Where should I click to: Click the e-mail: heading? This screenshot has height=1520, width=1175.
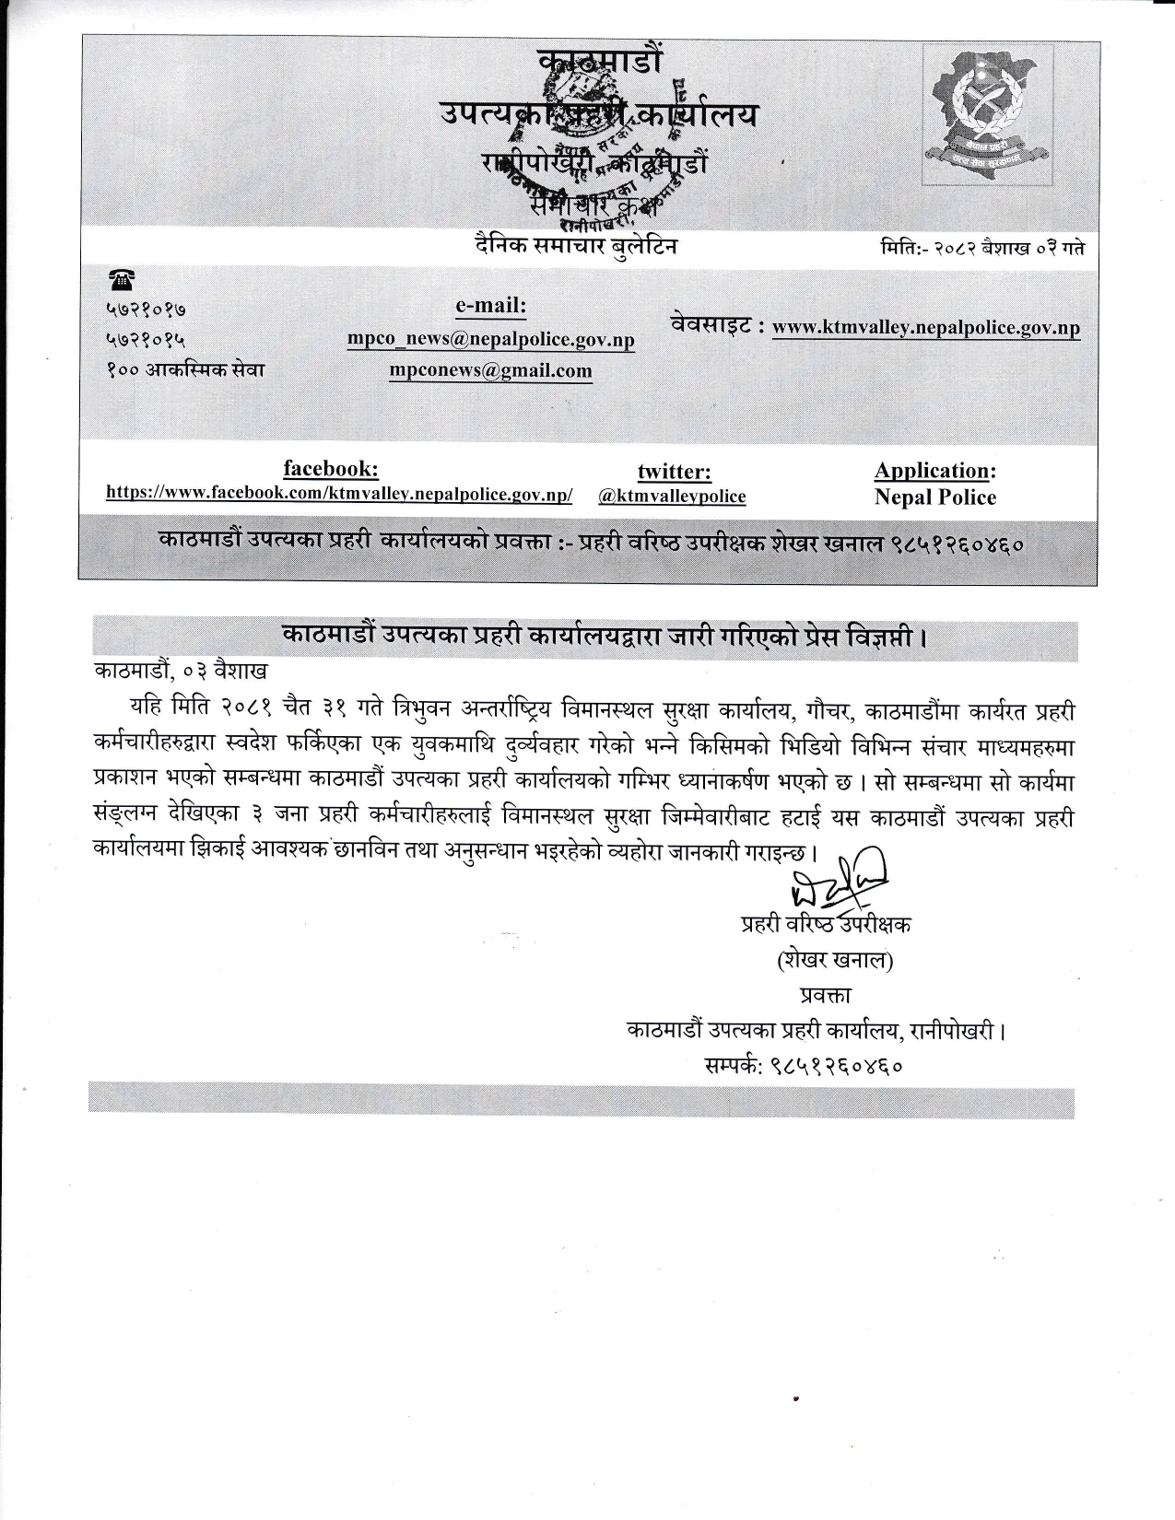(x=491, y=306)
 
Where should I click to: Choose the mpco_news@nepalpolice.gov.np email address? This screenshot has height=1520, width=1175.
(x=491, y=339)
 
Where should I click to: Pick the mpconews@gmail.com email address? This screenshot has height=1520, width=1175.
(x=490, y=370)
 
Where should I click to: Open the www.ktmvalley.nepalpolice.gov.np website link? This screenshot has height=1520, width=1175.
(x=925, y=327)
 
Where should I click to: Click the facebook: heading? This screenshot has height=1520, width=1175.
(x=331, y=469)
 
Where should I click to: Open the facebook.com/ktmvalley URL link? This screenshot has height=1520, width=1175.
(x=339, y=493)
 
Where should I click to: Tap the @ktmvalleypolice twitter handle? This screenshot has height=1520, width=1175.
(x=672, y=497)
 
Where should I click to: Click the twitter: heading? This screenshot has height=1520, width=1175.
(x=675, y=472)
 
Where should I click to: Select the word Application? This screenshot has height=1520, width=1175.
(x=931, y=471)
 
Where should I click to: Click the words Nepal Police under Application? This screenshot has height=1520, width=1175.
(x=935, y=497)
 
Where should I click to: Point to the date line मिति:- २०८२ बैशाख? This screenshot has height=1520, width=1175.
(x=981, y=248)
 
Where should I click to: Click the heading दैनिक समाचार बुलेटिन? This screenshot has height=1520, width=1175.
(x=572, y=246)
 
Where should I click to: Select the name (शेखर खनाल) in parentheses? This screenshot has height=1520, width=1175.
(x=834, y=960)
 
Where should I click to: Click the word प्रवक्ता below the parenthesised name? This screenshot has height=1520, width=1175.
(x=825, y=995)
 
